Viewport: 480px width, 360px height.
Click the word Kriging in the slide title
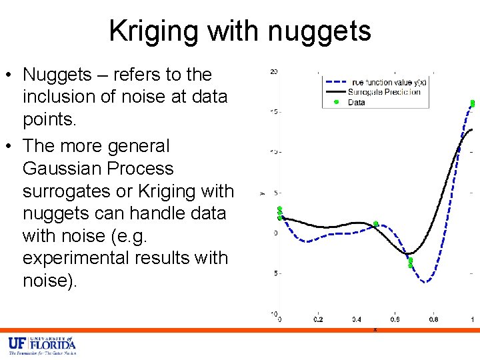(x=154, y=31)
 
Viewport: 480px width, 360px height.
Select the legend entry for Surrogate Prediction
(x=383, y=92)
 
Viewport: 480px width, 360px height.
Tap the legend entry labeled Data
(x=356, y=102)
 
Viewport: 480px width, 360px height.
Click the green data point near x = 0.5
(x=376, y=224)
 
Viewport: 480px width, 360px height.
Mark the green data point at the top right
(x=472, y=103)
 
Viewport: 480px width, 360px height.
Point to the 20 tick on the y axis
(x=274, y=71)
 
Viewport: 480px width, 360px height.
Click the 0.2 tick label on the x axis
(x=319, y=320)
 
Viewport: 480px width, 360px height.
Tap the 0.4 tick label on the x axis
(x=357, y=320)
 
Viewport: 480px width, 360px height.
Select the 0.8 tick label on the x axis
(x=434, y=320)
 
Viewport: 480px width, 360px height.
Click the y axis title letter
(x=262, y=193)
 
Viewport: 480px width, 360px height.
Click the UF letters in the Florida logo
(x=17, y=343)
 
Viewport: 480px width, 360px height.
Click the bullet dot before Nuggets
(x=11, y=75)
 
